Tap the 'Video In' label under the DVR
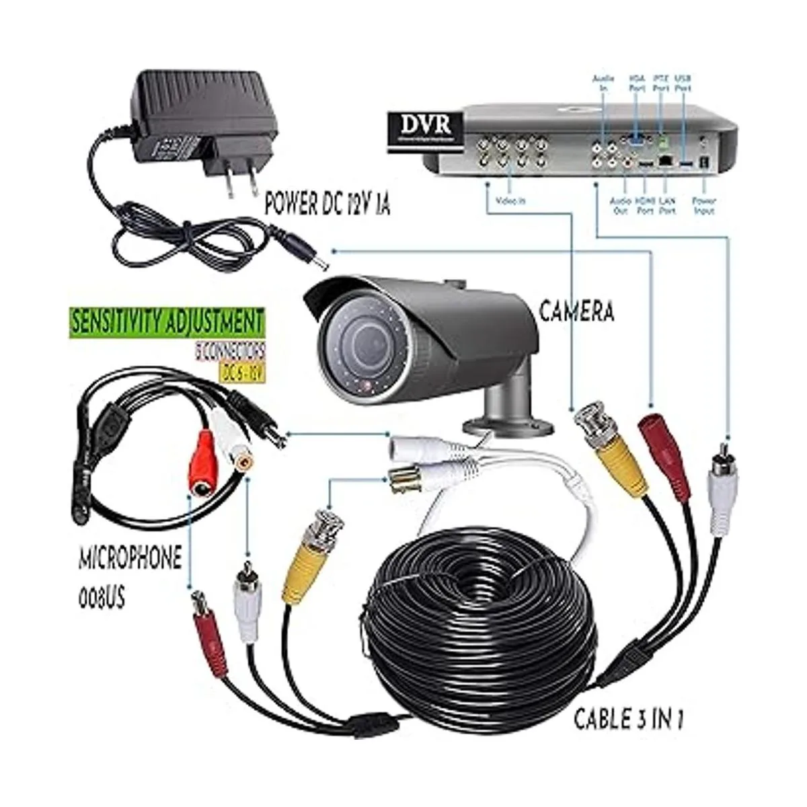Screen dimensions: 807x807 click(x=510, y=200)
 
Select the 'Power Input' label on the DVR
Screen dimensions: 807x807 click(x=703, y=205)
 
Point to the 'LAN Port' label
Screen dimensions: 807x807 click(x=666, y=205)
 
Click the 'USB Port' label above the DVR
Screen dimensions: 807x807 click(x=682, y=83)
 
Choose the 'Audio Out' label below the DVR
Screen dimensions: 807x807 click(x=619, y=205)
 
